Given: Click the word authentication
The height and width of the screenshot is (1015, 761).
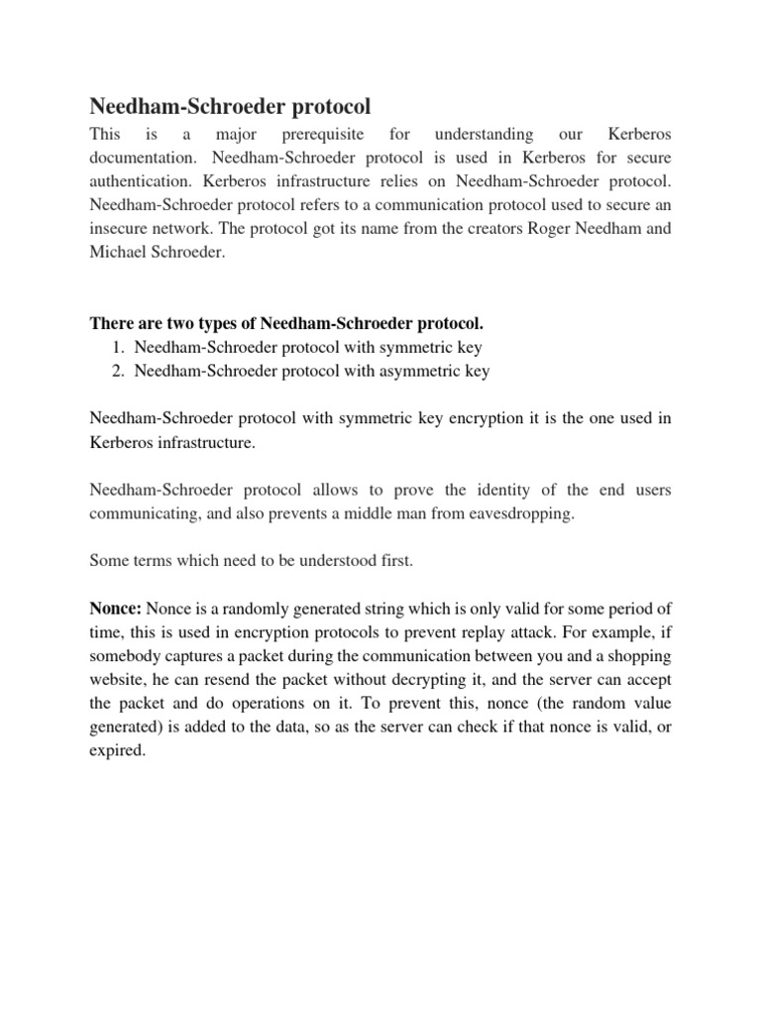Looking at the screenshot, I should pyautogui.click(x=139, y=183).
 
